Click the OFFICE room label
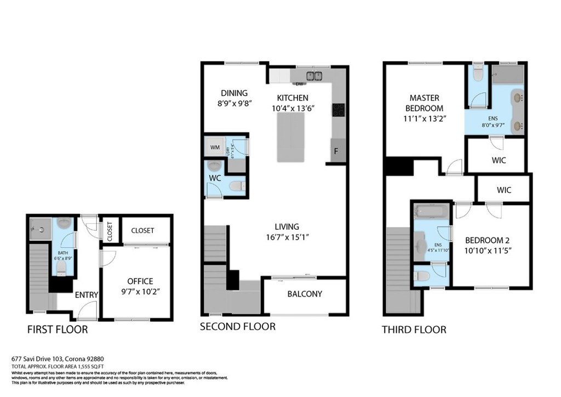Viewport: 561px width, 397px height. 140,281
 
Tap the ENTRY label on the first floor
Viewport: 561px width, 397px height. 86,295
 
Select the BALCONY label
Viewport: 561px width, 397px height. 305,294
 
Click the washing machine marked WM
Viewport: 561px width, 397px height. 212,147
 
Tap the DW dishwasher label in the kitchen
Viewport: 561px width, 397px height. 299,84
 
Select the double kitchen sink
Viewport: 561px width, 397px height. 314,76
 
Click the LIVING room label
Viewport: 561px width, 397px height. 287,226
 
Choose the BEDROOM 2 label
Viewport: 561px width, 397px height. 489,240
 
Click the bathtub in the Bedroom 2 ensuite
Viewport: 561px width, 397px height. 431,211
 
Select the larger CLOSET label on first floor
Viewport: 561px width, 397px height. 142,230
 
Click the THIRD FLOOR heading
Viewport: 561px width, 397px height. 414,330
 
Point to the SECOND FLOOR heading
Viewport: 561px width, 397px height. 237,326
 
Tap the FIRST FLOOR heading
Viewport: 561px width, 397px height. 58,330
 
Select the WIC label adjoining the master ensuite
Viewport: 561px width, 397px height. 499,161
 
